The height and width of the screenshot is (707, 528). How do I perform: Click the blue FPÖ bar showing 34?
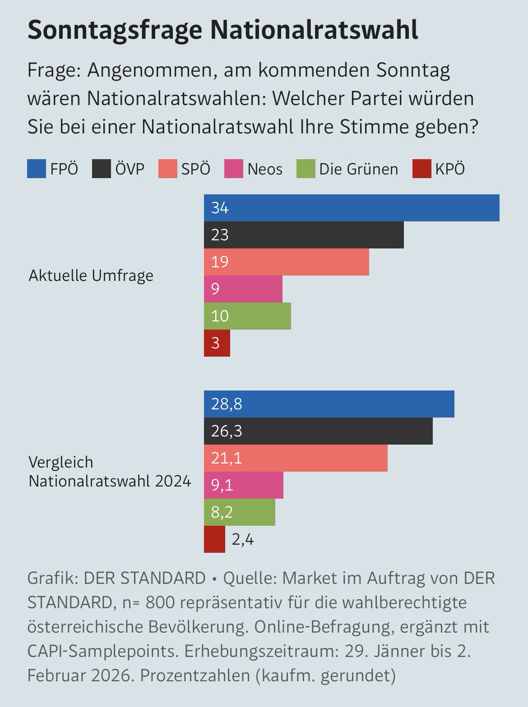click(x=352, y=208)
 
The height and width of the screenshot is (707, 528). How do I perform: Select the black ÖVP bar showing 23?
click(x=304, y=235)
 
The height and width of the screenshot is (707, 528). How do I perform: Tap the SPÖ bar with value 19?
click(x=286, y=262)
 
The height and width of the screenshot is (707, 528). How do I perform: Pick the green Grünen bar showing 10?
click(x=247, y=316)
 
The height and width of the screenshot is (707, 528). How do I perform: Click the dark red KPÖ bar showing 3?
click(x=217, y=343)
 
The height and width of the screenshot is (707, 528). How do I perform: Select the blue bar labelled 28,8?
click(x=329, y=404)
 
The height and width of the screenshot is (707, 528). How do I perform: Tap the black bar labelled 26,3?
click(x=318, y=431)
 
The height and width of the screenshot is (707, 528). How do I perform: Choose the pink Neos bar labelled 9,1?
click(x=244, y=485)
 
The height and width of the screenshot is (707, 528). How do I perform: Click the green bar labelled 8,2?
click(x=240, y=512)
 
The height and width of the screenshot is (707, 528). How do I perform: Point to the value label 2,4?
click(x=243, y=539)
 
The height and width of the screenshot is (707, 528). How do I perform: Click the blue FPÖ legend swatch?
click(x=37, y=169)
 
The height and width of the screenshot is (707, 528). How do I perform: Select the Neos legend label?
click(x=265, y=169)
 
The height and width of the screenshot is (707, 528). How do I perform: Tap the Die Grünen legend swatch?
click(x=306, y=169)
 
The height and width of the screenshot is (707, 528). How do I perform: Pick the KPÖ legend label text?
click(x=450, y=169)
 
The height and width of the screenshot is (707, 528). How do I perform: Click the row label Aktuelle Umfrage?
click(x=91, y=275)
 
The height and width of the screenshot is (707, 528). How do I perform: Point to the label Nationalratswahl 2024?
click(x=110, y=481)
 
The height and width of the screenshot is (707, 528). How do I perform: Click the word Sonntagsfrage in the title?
click(x=115, y=30)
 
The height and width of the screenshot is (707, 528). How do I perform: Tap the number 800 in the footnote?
click(x=160, y=602)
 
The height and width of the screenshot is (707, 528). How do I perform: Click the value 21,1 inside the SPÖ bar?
click(x=227, y=458)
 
